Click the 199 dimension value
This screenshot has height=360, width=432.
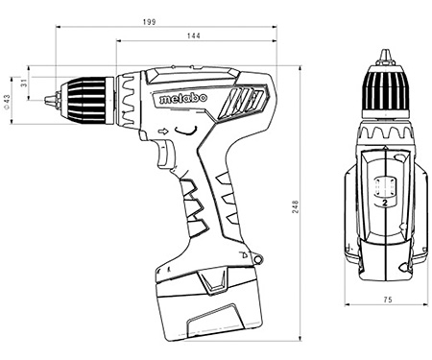149,22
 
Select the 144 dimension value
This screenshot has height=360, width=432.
194,36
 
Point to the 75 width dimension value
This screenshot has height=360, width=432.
388,300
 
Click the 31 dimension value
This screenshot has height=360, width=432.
24,84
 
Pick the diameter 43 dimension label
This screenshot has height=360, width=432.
7,103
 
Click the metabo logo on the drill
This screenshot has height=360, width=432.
183,98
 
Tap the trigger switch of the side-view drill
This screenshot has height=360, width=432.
165,155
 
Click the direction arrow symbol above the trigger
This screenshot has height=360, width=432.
163,132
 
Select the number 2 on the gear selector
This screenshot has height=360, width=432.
385,203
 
